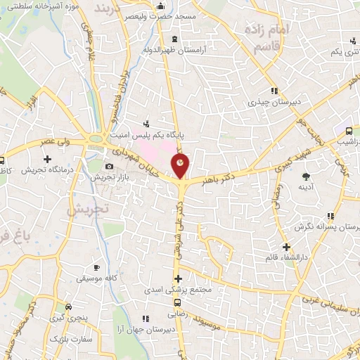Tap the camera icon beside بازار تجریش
click(x=109, y=167)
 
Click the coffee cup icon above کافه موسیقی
click(x=96, y=268)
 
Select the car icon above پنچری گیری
click(x=68, y=307)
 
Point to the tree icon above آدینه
click(x=305, y=176)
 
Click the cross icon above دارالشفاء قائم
click(x=285, y=247)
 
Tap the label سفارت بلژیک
click(x=66, y=339)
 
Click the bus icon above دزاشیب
click(x=349, y=130)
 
